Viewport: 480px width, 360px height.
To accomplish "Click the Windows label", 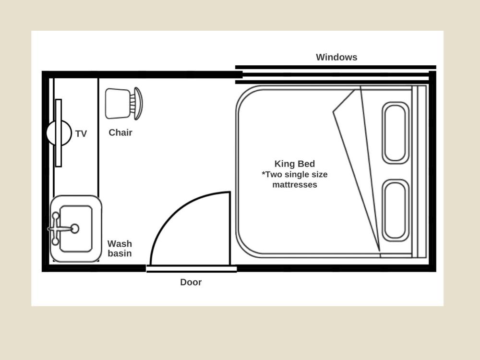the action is point(336,57).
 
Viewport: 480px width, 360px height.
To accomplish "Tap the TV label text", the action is point(81,134).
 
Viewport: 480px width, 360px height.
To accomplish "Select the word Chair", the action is point(120,132).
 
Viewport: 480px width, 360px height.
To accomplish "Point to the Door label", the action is point(191,282).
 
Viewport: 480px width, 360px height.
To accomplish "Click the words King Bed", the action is point(295,164).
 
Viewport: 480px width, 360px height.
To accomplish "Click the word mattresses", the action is point(295,185).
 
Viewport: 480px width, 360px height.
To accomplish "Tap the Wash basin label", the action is point(120,249).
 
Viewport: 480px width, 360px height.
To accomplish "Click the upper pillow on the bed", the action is point(396,133).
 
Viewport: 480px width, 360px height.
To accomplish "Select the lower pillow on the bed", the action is point(396,210).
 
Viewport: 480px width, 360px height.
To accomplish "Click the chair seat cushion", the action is point(117,104).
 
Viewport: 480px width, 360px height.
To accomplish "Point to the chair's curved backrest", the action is point(139,104).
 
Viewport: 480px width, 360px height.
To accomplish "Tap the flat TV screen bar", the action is point(59,133).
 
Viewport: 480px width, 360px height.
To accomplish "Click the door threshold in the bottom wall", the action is point(192,269).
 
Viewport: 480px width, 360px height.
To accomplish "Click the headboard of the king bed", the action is point(420,171).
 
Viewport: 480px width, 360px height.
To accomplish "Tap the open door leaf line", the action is point(229,228).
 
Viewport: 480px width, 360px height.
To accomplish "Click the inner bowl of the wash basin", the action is point(76,228).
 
